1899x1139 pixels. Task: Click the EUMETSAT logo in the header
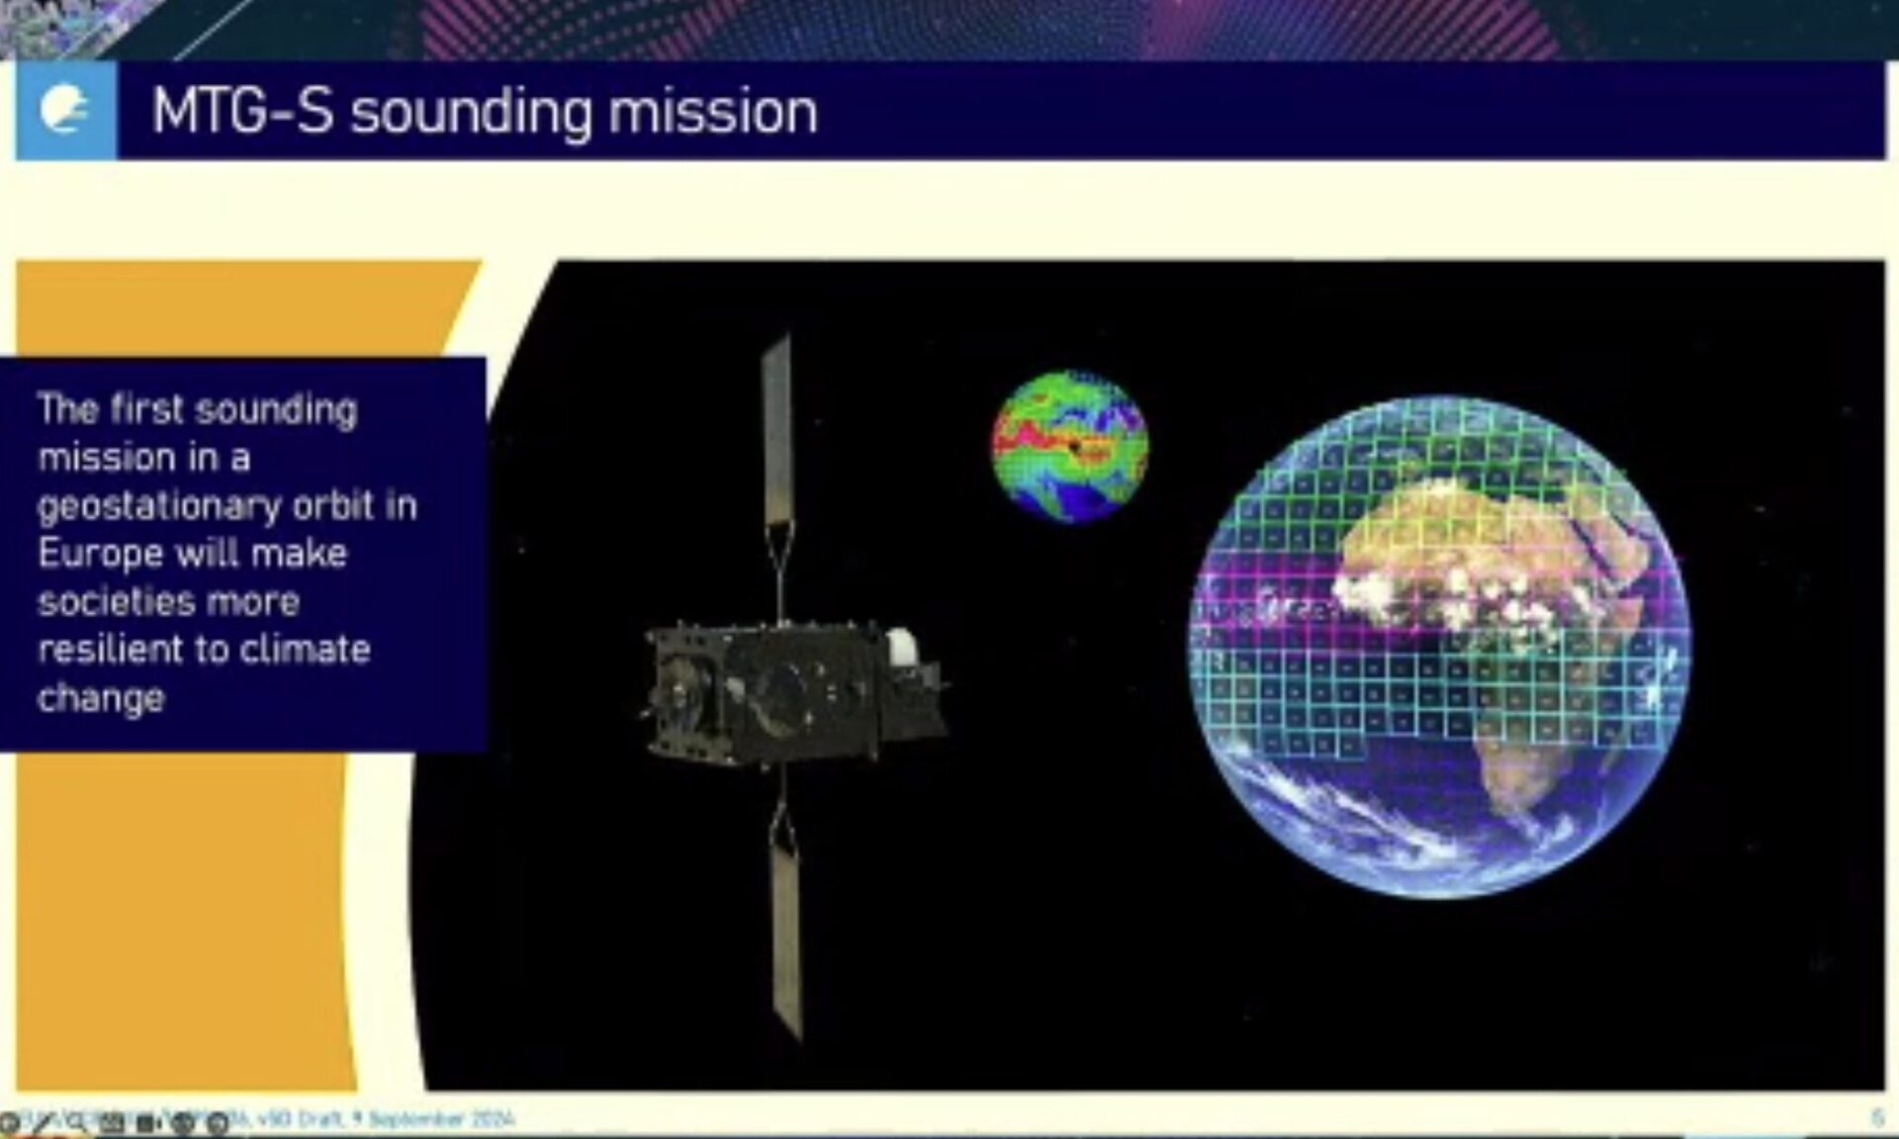coord(65,110)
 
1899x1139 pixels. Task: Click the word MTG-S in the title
coord(241,111)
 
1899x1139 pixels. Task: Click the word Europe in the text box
coord(100,554)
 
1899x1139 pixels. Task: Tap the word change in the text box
coord(101,698)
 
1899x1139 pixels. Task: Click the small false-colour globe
coord(1070,446)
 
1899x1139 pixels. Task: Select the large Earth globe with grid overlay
coord(1439,648)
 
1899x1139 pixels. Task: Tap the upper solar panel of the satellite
coord(777,435)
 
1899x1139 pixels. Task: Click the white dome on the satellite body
coord(901,647)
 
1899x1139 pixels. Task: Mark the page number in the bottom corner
coord(1876,1118)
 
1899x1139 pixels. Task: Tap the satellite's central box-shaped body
coord(781,692)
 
